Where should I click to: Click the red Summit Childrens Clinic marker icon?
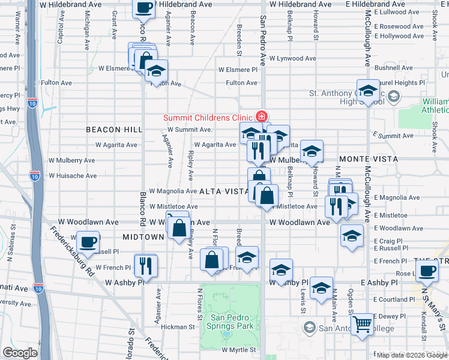pyautogui.click(x=262, y=116)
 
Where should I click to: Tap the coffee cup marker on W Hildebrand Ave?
pyautogui.click(x=143, y=8)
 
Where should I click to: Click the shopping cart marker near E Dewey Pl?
pyautogui.click(x=363, y=325)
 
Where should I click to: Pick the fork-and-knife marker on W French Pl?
pyautogui.click(x=145, y=265)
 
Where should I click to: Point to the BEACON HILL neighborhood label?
pyautogui.click(x=113, y=130)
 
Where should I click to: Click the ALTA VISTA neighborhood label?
pyautogui.click(x=223, y=191)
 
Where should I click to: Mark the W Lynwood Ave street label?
pyautogui.click(x=292, y=58)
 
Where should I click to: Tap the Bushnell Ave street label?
pyautogui.click(x=391, y=68)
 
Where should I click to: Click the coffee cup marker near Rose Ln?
pyautogui.click(x=427, y=271)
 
